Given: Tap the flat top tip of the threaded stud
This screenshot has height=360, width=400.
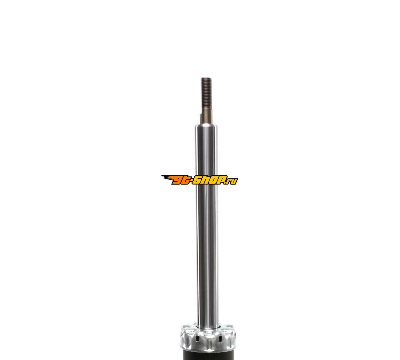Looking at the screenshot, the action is click(206, 78).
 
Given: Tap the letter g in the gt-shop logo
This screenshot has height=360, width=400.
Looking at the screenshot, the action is click(177, 180).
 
